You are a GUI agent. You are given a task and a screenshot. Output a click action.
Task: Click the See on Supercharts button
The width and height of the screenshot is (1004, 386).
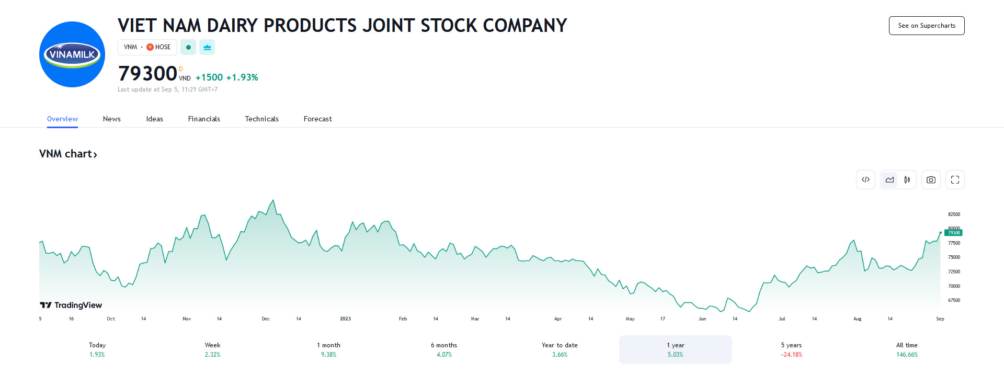coord(926,26)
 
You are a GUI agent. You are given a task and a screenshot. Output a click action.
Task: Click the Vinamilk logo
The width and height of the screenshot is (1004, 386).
coord(72,54)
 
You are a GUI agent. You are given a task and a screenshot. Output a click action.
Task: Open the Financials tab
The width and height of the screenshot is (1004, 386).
coord(204,119)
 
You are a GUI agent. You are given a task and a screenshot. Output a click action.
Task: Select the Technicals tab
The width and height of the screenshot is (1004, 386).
coord(261,119)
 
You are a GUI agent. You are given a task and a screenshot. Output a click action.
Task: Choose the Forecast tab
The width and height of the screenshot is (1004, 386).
coord(317,119)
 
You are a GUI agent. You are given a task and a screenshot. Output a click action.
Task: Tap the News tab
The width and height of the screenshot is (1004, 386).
coord(111,119)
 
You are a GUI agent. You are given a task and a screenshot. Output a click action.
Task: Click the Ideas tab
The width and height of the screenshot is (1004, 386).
coord(154,119)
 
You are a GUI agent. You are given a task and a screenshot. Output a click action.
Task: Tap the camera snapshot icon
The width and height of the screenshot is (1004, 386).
coord(931,180)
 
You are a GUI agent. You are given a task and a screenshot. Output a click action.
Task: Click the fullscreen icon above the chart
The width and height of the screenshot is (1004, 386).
coord(955,180)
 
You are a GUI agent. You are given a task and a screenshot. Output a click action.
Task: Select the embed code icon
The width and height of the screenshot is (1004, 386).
coord(865,180)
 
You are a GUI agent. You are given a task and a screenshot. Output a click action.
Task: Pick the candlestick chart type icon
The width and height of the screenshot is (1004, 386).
coord(907,180)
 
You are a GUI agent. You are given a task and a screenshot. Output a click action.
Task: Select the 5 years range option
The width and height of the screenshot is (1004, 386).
coord(791,349)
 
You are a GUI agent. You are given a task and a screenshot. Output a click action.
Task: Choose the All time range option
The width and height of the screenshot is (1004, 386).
coord(907,349)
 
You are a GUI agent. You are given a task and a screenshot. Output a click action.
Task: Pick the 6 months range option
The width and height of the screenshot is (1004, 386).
coord(444,349)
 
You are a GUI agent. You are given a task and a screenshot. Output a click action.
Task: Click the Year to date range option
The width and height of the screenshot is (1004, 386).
coord(560,349)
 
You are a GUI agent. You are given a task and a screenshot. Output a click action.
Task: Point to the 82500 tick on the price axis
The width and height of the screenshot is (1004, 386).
coord(954,214)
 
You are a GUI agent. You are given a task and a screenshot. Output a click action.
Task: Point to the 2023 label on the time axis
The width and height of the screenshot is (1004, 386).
coord(345,319)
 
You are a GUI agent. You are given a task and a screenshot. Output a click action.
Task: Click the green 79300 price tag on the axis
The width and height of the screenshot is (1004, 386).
coord(954,233)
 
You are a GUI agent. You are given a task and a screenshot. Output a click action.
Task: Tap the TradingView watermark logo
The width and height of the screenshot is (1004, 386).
coord(71,305)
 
